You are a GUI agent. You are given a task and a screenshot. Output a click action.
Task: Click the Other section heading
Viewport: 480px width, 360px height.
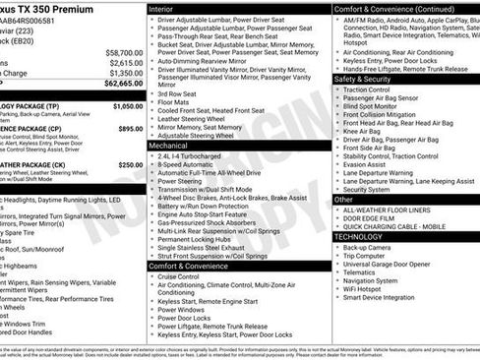click(x=343, y=199)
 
